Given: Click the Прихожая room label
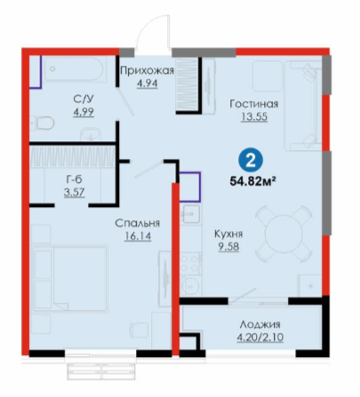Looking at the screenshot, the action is (x=148, y=71).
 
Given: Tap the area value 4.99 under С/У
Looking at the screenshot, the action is (x=84, y=112).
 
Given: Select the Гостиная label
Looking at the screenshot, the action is (x=254, y=104).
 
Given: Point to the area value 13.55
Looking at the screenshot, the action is (x=254, y=117).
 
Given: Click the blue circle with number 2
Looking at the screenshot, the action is (x=251, y=162).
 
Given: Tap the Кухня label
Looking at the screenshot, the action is (x=228, y=234).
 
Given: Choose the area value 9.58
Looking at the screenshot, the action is (x=228, y=247).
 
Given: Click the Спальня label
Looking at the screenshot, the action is (x=138, y=223).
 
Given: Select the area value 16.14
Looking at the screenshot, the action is (x=138, y=236).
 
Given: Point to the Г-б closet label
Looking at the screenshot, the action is (x=74, y=179).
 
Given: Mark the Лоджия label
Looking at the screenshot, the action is (x=260, y=324).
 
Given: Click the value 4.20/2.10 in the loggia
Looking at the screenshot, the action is (x=260, y=337).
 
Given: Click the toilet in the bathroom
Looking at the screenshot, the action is (x=43, y=123).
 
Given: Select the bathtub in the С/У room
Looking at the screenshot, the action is (x=75, y=68).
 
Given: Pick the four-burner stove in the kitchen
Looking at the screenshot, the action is (x=190, y=264).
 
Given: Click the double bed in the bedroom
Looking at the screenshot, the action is (x=70, y=278).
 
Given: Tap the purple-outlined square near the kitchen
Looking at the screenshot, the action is (x=189, y=187).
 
